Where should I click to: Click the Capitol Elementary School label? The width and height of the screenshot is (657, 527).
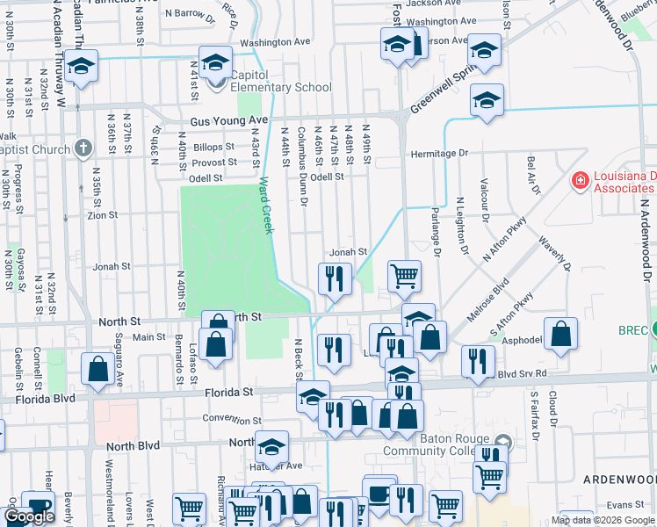click(281, 87)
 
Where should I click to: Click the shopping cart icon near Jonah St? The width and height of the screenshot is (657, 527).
click(404, 276)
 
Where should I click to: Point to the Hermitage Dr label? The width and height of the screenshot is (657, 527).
click(439, 153)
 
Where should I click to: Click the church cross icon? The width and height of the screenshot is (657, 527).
click(83, 148)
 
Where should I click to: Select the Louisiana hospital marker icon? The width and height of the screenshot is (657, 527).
click(580, 183)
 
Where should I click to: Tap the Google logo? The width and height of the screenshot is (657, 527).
click(29, 516)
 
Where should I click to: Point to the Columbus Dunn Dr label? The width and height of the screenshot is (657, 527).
click(301, 167)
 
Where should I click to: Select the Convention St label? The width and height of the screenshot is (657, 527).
click(232, 420)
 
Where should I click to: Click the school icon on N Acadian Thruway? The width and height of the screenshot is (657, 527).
click(81, 67)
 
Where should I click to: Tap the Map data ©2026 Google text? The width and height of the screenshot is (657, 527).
click(603, 520)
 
